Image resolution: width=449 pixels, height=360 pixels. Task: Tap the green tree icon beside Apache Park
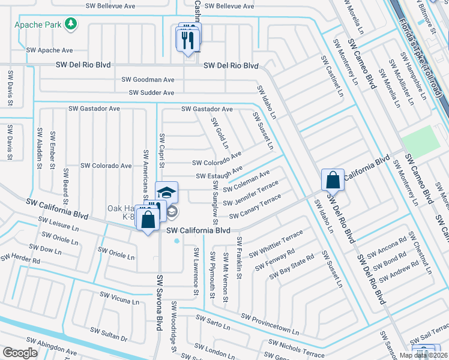coord(71,23)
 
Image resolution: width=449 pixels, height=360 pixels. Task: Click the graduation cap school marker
coord(166,193)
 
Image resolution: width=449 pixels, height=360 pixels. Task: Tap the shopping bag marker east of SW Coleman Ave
coord(332,179)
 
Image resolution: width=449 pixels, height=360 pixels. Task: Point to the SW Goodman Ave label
coord(148,79)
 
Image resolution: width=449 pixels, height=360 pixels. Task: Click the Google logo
coord(20,353)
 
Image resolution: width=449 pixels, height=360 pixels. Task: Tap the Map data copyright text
coord(422,355)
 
